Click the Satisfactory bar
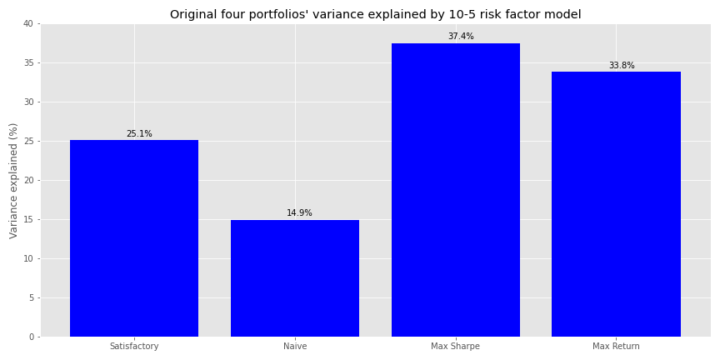click(x=134, y=238)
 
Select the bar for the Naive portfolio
click(x=295, y=278)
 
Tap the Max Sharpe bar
click(x=455, y=190)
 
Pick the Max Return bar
click(x=616, y=204)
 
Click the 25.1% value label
click(x=139, y=134)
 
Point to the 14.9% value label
click(x=299, y=213)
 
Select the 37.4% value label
click(x=460, y=37)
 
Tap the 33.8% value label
click(x=621, y=66)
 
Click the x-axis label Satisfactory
click(x=134, y=346)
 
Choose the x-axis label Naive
click(x=295, y=346)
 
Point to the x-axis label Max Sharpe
click(x=455, y=346)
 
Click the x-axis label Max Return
click(x=616, y=346)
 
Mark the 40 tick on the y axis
click(x=27, y=23)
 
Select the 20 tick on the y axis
click(x=27, y=180)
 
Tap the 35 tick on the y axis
click(x=27, y=62)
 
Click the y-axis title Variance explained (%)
click(x=13, y=180)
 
